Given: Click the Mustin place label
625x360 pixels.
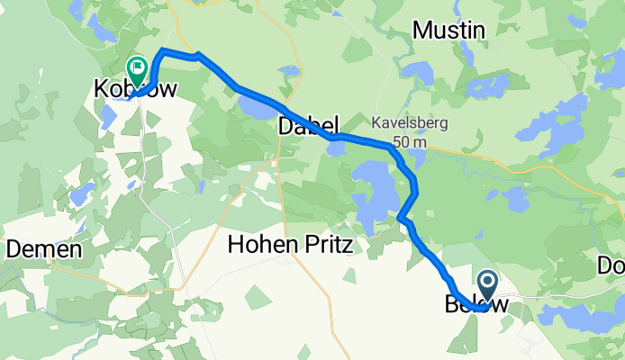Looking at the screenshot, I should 448,31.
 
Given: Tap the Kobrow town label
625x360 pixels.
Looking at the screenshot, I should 135,89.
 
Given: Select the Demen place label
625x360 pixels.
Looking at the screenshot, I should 45,249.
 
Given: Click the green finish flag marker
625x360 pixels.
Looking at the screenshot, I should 137,66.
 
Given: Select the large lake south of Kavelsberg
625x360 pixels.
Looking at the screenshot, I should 371,193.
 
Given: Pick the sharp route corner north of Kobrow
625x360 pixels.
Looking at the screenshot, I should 162,49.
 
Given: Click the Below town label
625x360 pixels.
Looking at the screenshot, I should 476,305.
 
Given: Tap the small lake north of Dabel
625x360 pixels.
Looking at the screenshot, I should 289,70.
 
